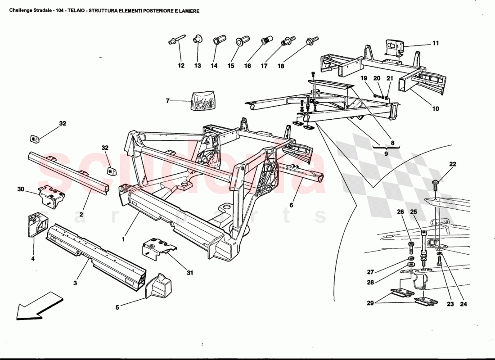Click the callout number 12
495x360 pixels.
[x=181, y=66]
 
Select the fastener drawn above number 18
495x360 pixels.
[x=311, y=41]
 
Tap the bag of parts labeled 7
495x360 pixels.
[x=202, y=101]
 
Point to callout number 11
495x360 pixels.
[x=435, y=44]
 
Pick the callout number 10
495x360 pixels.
[x=435, y=109]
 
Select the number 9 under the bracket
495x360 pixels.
[x=386, y=153]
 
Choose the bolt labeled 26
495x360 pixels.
[x=410, y=246]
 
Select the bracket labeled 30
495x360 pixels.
[x=52, y=196]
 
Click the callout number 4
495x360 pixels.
[x=33, y=258]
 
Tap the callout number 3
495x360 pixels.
[x=75, y=283]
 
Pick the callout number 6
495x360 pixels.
[x=291, y=205]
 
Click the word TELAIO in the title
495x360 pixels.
[x=77, y=11]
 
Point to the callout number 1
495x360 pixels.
[x=123, y=240]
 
